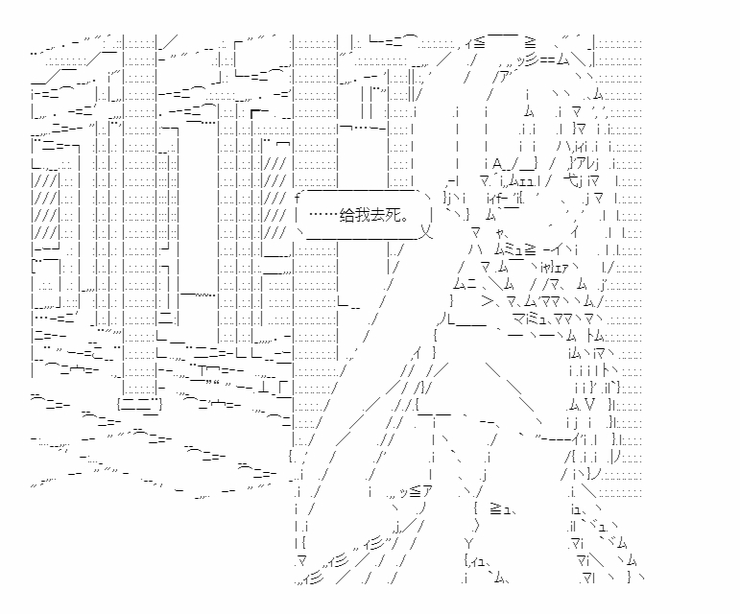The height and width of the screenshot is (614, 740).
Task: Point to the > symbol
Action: (485, 301)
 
